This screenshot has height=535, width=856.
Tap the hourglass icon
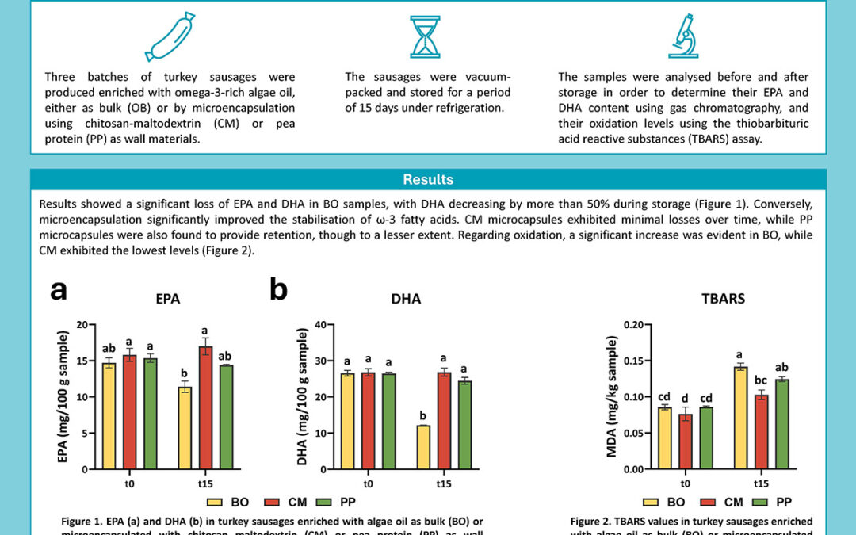[x=425, y=36]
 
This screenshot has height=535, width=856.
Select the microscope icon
[x=681, y=36]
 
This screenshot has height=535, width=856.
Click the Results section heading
[x=428, y=180]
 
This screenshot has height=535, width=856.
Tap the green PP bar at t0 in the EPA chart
[x=150, y=413]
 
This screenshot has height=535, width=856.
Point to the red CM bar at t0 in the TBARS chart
[x=685, y=441]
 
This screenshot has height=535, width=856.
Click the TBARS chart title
[x=724, y=300]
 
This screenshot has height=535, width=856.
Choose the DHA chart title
[x=406, y=300]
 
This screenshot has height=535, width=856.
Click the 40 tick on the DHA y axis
[x=321, y=324]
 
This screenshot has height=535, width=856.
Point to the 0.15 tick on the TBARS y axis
[x=632, y=361]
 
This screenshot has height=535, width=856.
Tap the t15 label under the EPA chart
[x=206, y=482]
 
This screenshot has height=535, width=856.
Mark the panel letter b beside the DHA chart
[x=278, y=290]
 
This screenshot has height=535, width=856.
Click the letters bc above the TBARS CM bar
[x=761, y=381]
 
